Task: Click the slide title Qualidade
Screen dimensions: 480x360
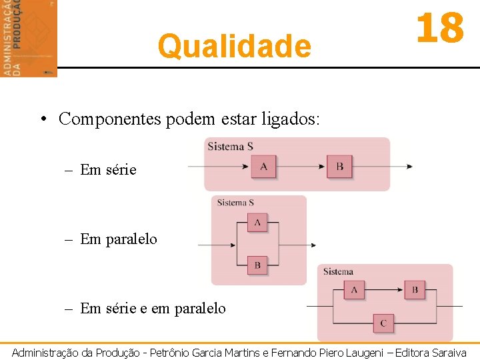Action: coord(234,47)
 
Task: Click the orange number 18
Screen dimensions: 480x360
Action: coord(439,29)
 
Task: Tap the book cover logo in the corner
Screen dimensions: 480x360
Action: coord(29,38)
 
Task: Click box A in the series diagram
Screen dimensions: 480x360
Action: coord(263,167)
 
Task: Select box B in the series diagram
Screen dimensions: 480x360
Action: coord(339,167)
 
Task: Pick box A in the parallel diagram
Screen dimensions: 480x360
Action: coord(257,222)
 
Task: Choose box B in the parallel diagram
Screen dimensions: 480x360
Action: coord(257,265)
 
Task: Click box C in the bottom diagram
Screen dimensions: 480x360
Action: coord(383,323)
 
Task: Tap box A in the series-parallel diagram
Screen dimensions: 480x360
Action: coord(353,290)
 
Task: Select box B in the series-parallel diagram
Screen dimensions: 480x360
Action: coord(415,290)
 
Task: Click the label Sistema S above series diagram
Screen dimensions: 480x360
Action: coord(230,147)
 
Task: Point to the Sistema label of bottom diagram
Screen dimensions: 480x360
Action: coord(338,271)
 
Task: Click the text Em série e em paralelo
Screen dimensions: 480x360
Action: coord(153,308)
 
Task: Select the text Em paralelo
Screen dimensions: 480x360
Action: coord(119,239)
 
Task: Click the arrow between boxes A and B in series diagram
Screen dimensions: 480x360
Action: coord(301,167)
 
